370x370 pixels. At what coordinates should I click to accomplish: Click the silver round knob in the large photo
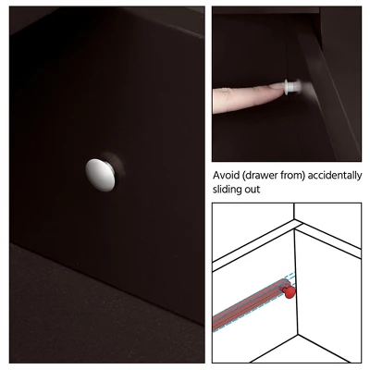pos(101,175)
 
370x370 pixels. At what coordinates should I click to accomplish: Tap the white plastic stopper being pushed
pos(292,87)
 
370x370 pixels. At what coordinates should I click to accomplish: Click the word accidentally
pos(335,176)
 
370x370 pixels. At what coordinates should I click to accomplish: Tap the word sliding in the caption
pos(228,190)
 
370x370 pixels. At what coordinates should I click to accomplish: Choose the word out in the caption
pos(253,190)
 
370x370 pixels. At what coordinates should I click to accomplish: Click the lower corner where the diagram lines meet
pos(297,334)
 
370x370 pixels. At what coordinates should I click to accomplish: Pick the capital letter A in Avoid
pos(216,176)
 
